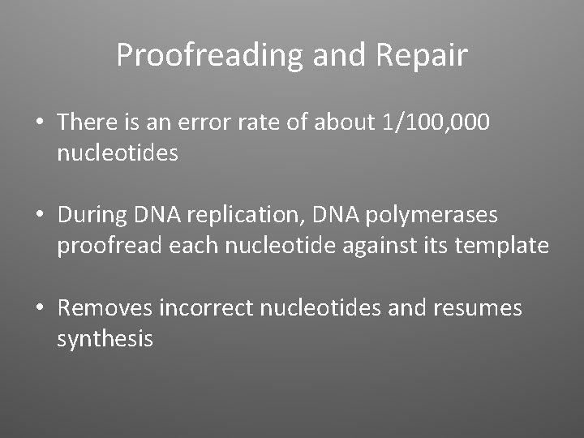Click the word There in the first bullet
88,122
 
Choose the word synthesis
105,338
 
